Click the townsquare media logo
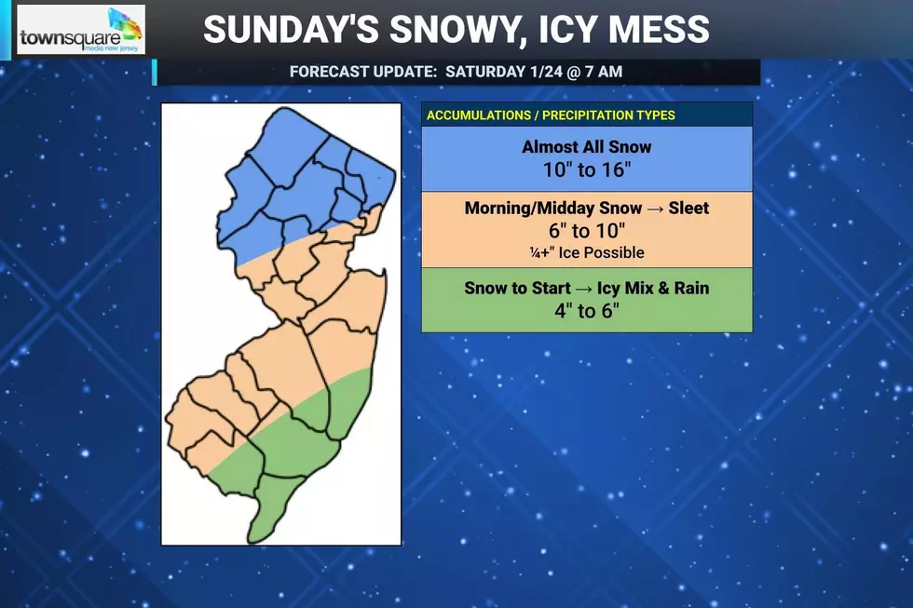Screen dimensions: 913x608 coord(81,30)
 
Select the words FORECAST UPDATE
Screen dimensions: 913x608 coord(362,72)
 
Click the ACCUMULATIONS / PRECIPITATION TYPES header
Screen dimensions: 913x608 coord(551,115)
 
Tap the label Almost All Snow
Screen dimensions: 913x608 coord(587,147)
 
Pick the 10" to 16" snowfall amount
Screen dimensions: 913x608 coord(587,170)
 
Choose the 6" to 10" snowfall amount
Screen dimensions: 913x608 coord(587,232)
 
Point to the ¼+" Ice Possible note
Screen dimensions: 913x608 coord(587,253)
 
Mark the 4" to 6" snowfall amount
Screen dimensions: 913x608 coord(587,311)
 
